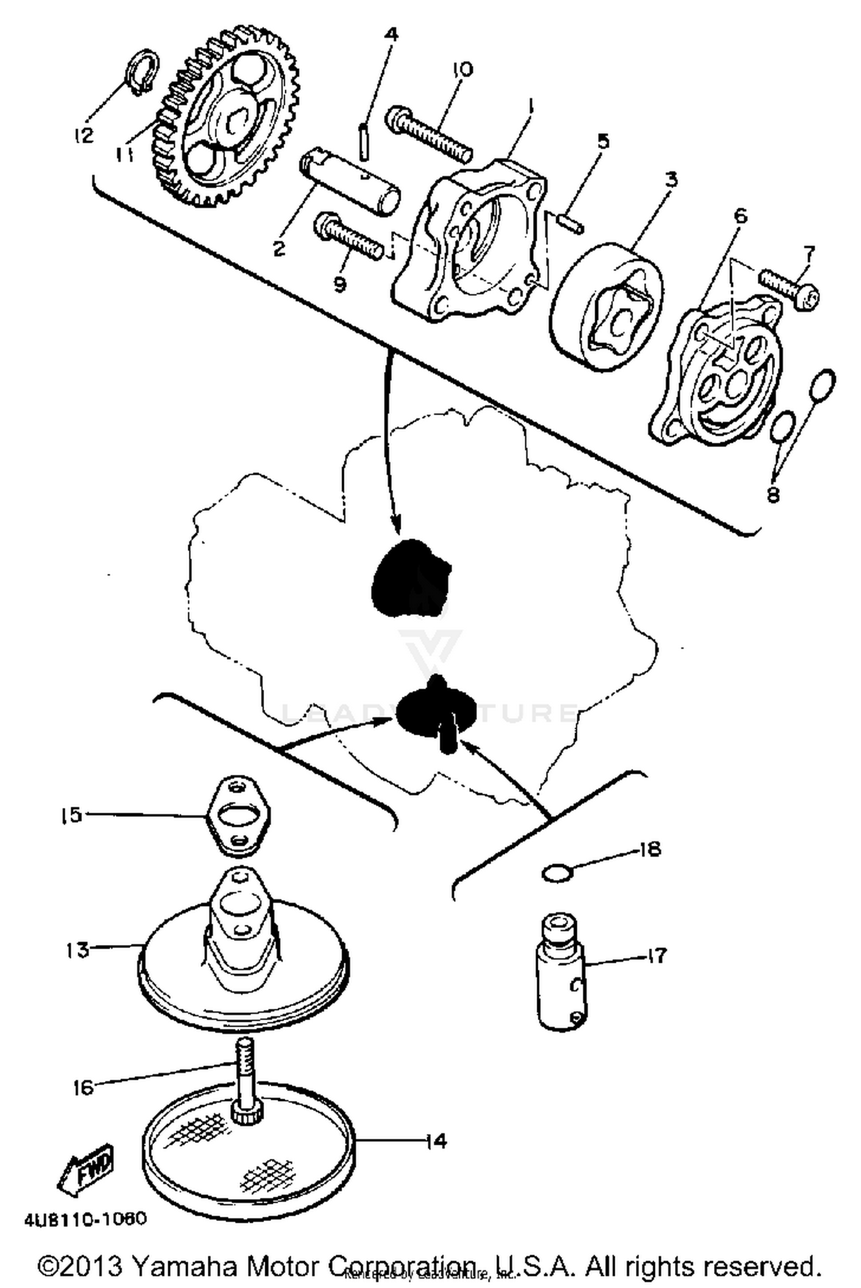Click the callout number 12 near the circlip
point(83,135)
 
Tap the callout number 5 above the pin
point(602,141)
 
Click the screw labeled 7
point(790,287)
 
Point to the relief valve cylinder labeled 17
point(560,974)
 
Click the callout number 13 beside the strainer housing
point(76,950)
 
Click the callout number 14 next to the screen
point(436,1141)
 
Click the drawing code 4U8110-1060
point(86,1218)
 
